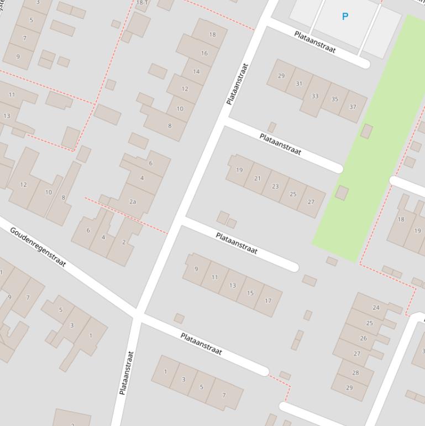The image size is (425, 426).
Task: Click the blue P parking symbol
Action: (345, 17)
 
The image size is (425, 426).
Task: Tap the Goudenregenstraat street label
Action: (38, 246)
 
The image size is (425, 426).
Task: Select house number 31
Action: (299, 84)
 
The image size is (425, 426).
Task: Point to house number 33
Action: (315, 96)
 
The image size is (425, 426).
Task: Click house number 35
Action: (335, 100)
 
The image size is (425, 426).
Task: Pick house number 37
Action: (353, 107)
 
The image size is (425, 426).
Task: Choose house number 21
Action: (258, 178)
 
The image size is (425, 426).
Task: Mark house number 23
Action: (275, 186)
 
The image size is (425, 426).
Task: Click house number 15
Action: (250, 293)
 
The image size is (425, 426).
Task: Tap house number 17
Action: (269, 301)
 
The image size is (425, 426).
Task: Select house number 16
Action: (204, 53)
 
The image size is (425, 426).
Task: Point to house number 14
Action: (196, 71)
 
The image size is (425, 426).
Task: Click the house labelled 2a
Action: (133, 202)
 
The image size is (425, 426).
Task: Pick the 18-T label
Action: (142, 3)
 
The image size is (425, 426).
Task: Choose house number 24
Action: (376, 308)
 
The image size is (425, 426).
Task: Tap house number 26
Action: (363, 339)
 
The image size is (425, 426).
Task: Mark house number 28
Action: (355, 373)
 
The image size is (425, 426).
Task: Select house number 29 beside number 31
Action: (281, 76)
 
